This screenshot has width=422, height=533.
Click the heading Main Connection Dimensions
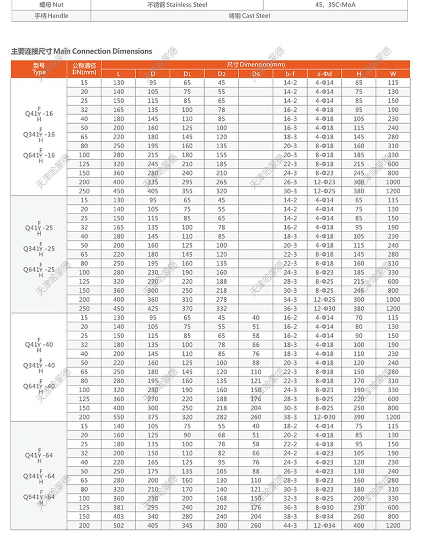(81, 51)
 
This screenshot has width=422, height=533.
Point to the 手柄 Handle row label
(51, 16)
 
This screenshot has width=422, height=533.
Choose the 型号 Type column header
(38, 68)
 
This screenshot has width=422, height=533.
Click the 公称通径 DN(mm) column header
(84, 68)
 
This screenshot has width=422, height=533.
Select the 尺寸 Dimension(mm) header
(256, 64)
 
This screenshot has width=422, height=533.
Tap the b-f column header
(290, 73)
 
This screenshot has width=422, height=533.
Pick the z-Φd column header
(324, 73)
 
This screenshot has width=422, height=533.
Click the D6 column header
(255, 73)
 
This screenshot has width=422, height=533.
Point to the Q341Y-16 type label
(40, 134)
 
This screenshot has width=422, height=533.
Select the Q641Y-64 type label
(40, 497)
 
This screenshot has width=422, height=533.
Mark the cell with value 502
(118, 526)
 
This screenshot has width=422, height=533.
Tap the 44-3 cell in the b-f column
(290, 526)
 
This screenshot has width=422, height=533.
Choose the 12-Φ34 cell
(324, 526)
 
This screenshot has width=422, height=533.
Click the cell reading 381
(118, 507)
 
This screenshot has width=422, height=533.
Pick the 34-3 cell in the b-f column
(290, 300)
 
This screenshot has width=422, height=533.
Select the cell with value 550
(118, 417)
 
